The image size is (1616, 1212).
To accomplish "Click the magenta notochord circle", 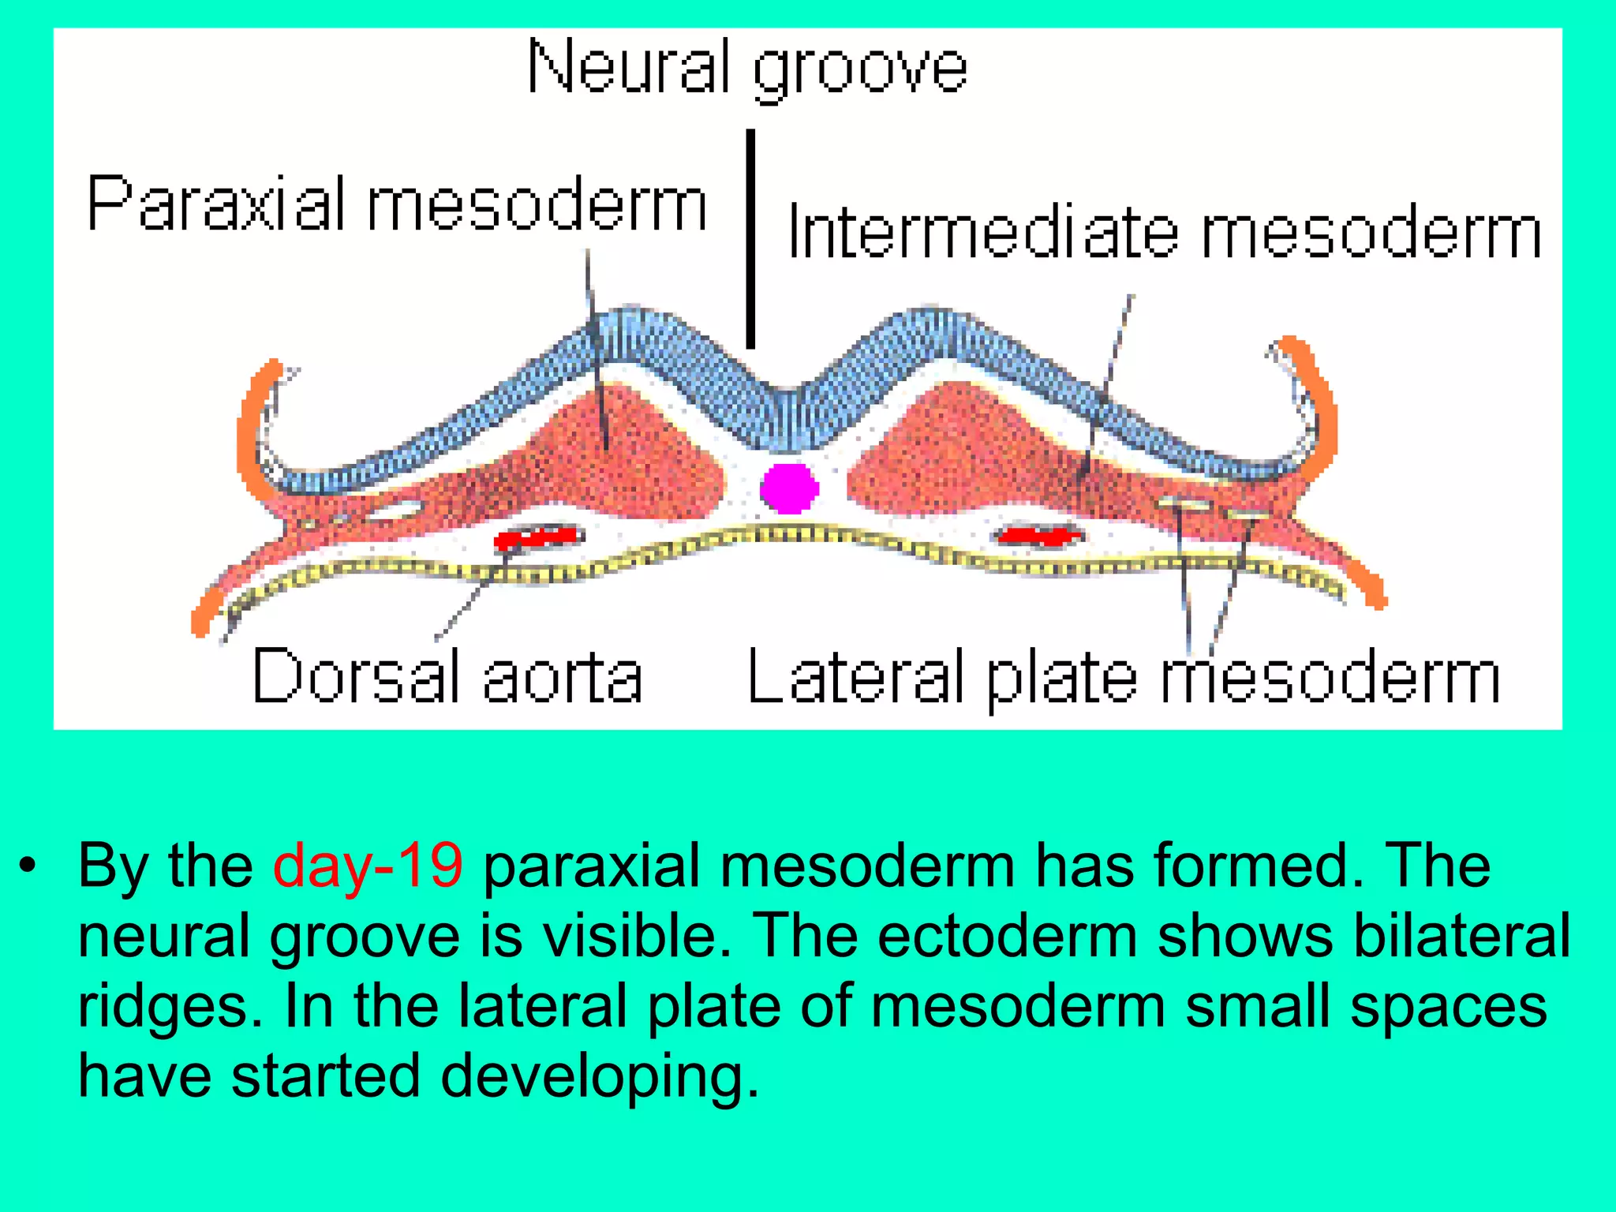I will (789, 488).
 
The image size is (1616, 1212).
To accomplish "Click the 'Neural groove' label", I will (746, 69).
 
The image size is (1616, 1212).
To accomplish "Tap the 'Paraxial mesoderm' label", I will (397, 204).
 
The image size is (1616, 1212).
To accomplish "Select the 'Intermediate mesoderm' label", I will (1164, 232).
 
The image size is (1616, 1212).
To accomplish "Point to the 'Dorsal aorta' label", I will (447, 676).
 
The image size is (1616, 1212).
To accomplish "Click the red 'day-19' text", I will (368, 866).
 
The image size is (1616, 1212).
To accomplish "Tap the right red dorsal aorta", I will (1038, 536).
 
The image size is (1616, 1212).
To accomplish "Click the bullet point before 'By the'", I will (29, 866).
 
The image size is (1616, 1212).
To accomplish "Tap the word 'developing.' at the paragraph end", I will (600, 1076).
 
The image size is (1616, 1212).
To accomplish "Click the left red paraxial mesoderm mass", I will (623, 458).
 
